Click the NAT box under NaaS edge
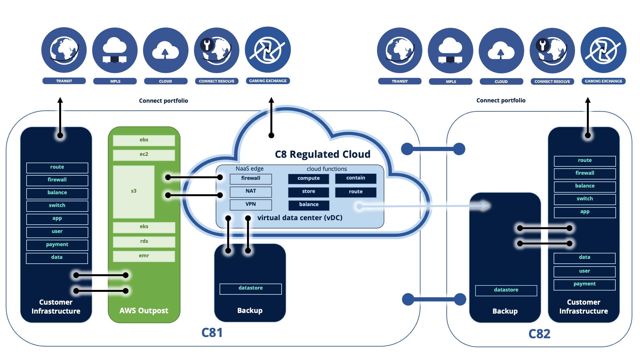251,191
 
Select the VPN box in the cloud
251,204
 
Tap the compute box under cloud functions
308,178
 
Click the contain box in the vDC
356,178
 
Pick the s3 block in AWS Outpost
134,191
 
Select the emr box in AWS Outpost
144,256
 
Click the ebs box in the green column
144,140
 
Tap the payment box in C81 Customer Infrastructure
57,244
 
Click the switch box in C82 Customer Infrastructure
585,199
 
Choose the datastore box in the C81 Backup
251,288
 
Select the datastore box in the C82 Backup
506,290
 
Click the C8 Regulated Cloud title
323,154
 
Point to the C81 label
212,333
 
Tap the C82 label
539,334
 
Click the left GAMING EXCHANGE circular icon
268,50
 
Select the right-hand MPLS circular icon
450,51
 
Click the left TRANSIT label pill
64,81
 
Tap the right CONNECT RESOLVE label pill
552,82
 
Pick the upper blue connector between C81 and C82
433,149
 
